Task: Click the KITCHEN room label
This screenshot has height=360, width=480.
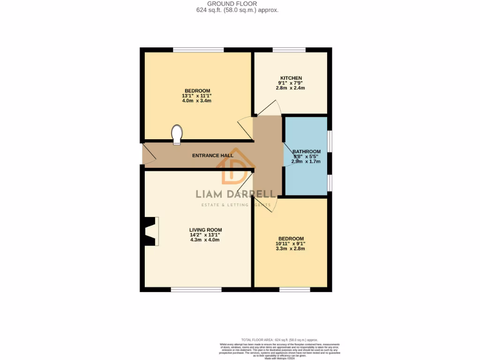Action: (x=291, y=78)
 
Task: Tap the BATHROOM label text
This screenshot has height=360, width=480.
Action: (x=307, y=151)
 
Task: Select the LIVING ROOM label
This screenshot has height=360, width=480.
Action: (x=205, y=230)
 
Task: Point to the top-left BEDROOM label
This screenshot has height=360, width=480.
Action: (x=197, y=90)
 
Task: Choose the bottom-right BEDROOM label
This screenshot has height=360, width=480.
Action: (x=291, y=239)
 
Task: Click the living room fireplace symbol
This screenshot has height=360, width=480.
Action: (x=151, y=231)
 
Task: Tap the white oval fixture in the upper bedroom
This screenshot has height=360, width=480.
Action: (x=177, y=134)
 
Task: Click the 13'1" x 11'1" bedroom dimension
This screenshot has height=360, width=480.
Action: (x=197, y=96)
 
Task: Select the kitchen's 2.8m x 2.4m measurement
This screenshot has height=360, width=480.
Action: (x=291, y=88)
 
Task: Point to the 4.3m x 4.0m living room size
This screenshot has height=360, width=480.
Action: (x=205, y=240)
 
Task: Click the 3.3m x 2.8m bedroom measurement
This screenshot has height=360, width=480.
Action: (x=291, y=248)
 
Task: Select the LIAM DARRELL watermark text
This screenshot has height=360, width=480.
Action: (x=235, y=194)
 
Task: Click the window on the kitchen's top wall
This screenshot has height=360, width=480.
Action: (x=289, y=50)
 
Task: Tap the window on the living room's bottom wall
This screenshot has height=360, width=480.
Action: (x=196, y=290)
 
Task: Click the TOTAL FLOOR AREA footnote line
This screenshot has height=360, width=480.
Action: (x=279, y=339)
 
